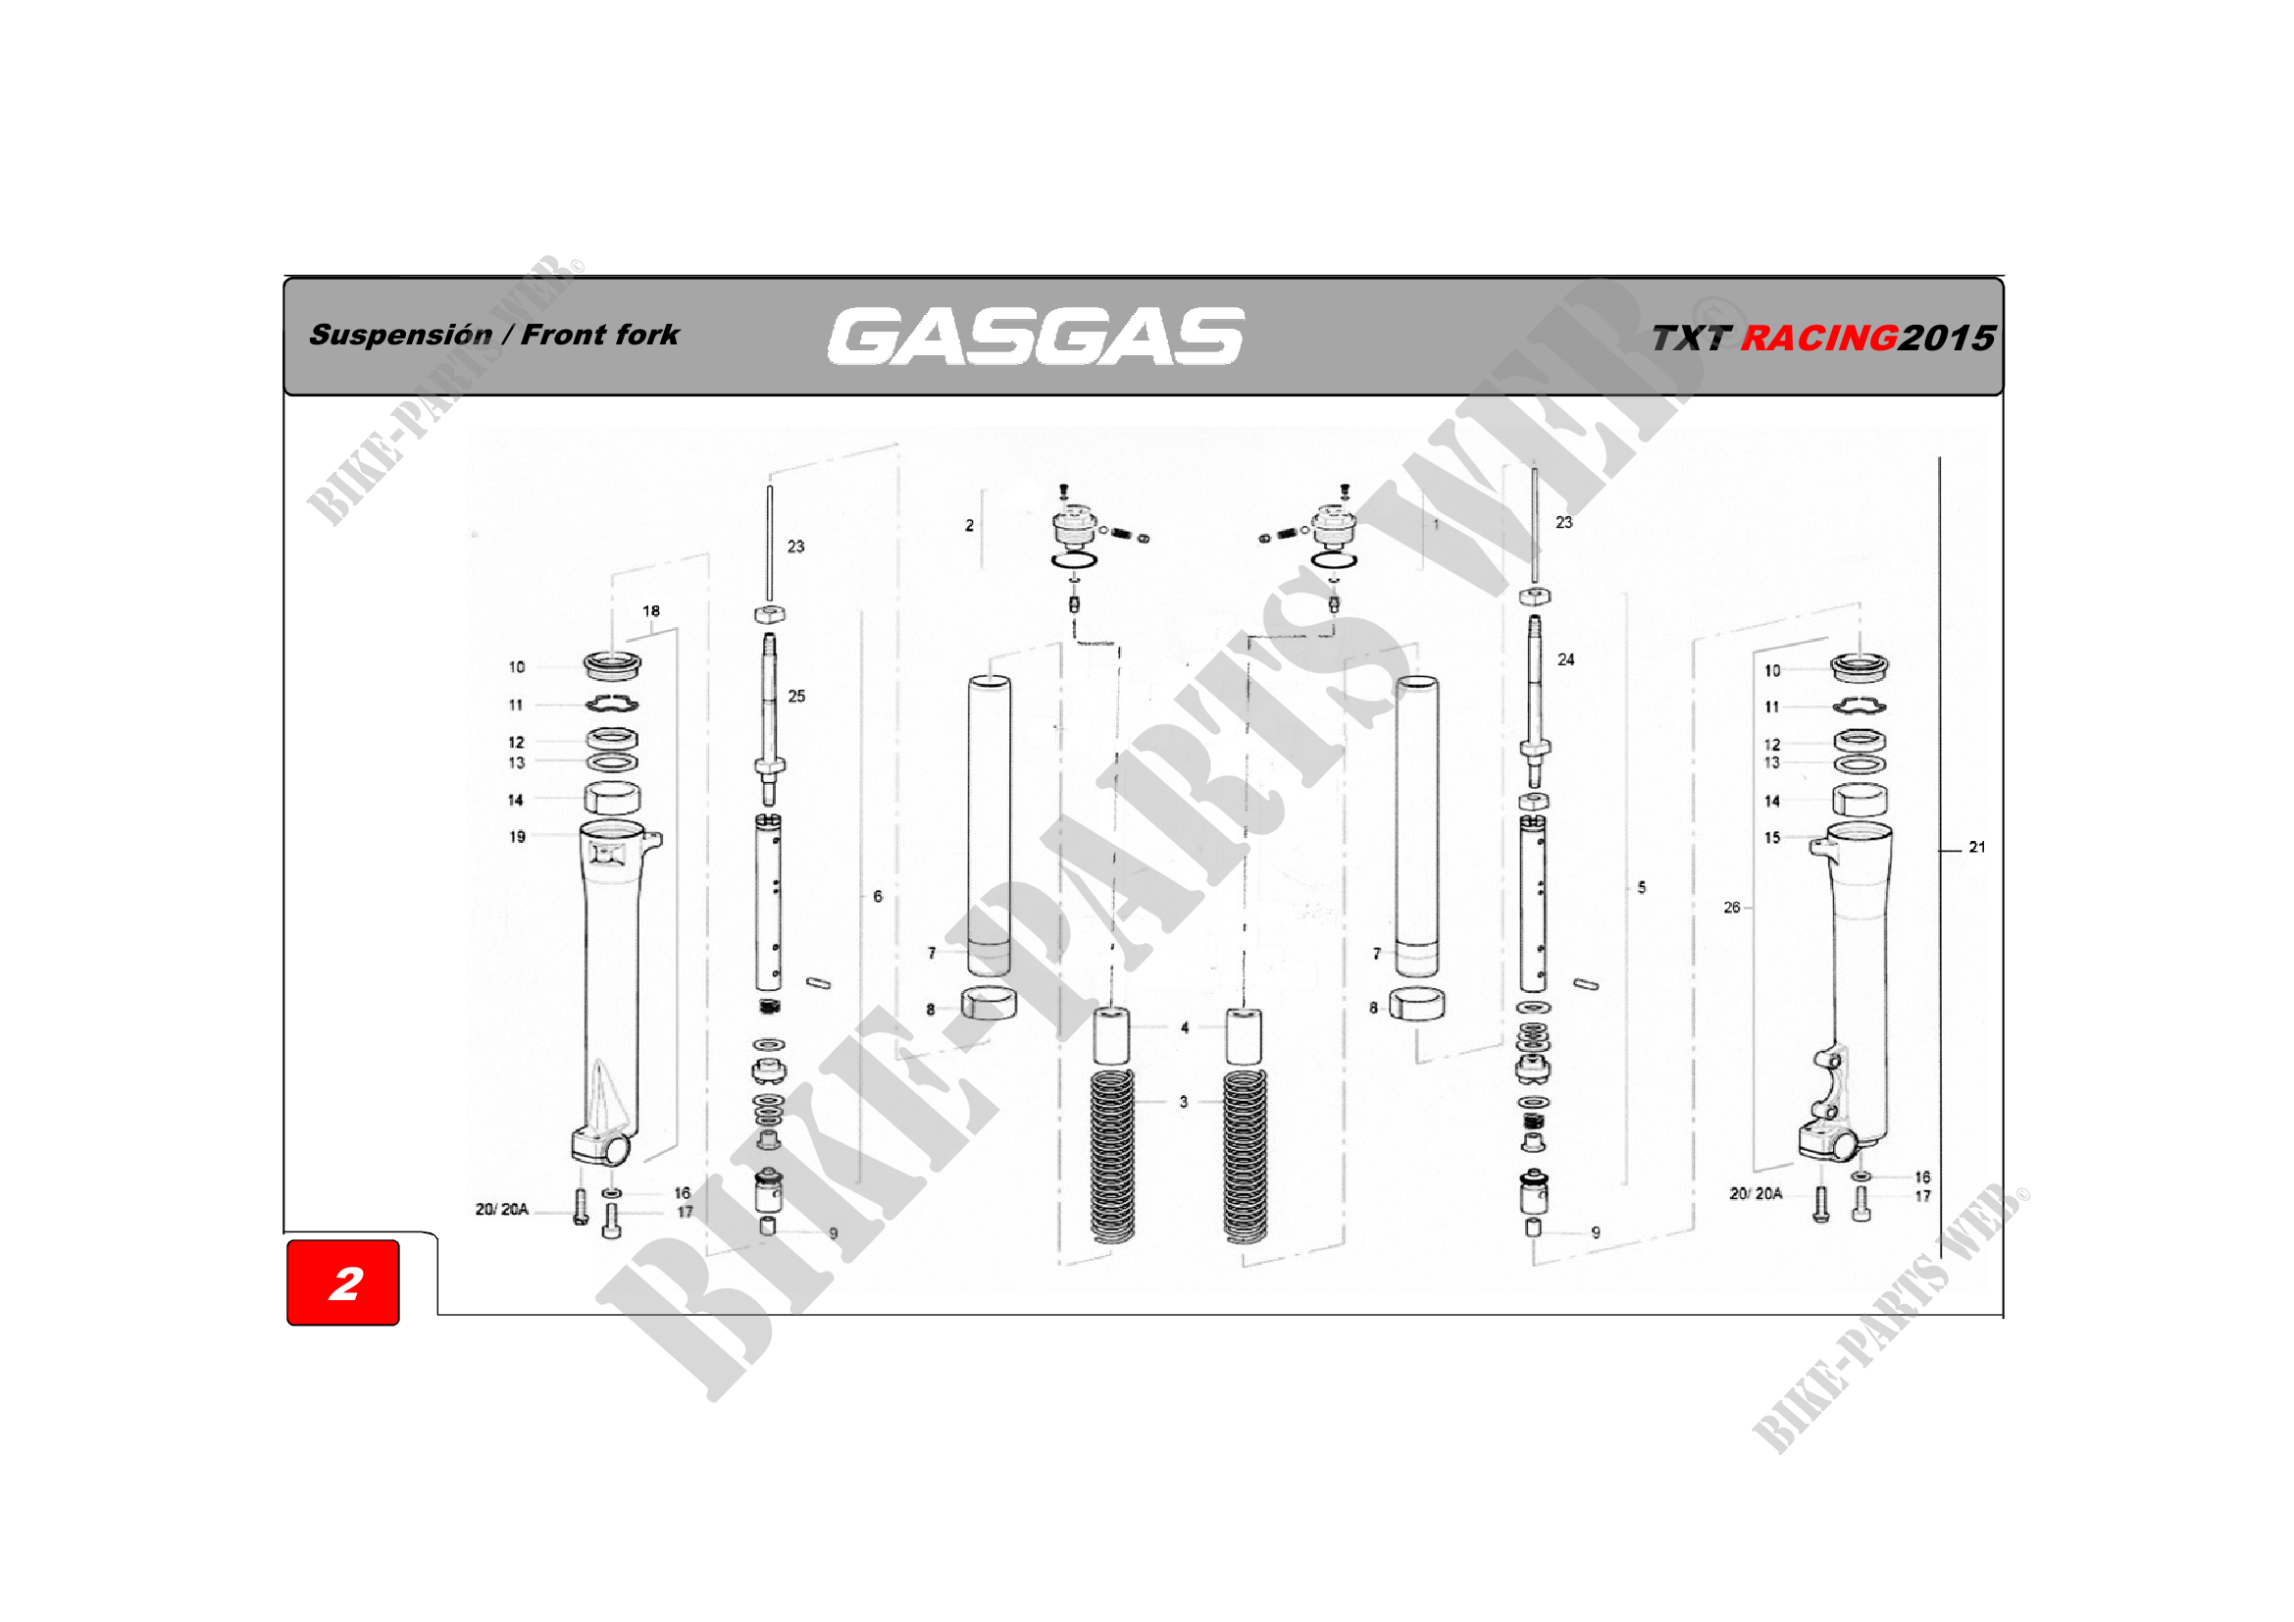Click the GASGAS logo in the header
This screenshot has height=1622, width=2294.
tap(1036, 336)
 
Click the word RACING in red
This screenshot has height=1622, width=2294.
tap(1818, 338)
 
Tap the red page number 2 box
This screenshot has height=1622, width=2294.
tap(343, 1282)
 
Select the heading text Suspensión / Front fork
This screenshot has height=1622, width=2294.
tap(493, 335)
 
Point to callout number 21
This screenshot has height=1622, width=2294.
tap(1976, 848)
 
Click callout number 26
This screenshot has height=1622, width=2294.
tap(1731, 908)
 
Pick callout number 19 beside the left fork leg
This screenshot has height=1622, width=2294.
tap(517, 836)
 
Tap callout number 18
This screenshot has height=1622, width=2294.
tap(650, 610)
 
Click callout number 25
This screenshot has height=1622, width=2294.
tap(796, 696)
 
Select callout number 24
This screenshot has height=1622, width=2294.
tap(1565, 659)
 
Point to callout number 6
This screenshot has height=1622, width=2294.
tap(877, 897)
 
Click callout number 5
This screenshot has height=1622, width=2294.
tap(1642, 887)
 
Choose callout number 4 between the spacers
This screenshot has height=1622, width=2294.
tap(1185, 1027)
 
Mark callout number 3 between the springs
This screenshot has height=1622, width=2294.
tap(1184, 1102)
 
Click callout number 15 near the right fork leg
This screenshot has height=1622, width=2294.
tap(1771, 837)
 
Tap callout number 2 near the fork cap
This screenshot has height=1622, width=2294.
tap(969, 525)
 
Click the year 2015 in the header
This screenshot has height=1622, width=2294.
tap(1946, 338)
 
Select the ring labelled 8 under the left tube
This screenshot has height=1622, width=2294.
tap(989, 1003)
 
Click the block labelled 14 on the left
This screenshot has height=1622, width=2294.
tap(611, 799)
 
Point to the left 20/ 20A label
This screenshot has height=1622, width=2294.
tap(501, 1209)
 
